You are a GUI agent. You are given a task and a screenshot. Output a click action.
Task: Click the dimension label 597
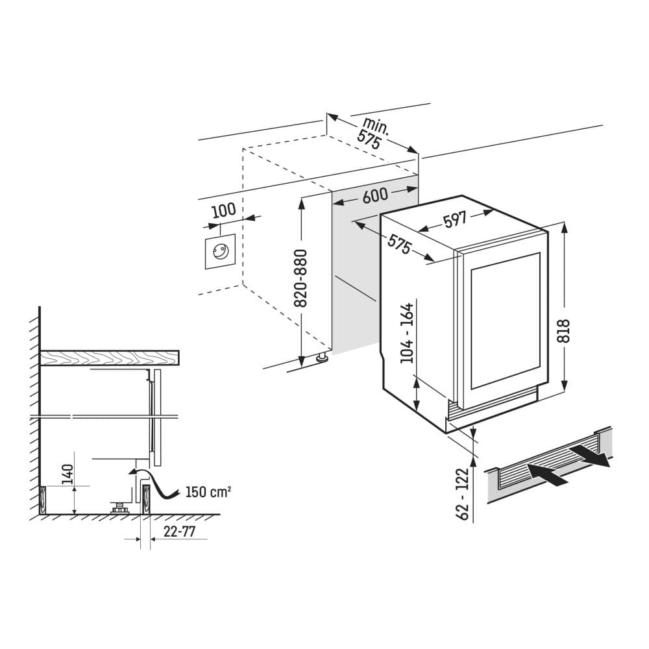tap(456, 220)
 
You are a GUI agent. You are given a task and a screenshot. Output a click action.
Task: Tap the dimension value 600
tap(374, 196)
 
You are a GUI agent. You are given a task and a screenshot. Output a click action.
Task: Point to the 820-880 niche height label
tap(300, 278)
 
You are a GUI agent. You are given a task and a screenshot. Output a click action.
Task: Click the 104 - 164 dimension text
tap(407, 334)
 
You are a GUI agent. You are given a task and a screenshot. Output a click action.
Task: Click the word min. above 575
tap(376, 125)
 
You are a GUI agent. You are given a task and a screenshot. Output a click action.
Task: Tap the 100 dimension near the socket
tap(223, 210)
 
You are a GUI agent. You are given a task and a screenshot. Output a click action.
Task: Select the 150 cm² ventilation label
tap(208, 491)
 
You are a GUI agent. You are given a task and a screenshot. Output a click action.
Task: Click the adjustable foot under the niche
tap(321, 357)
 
